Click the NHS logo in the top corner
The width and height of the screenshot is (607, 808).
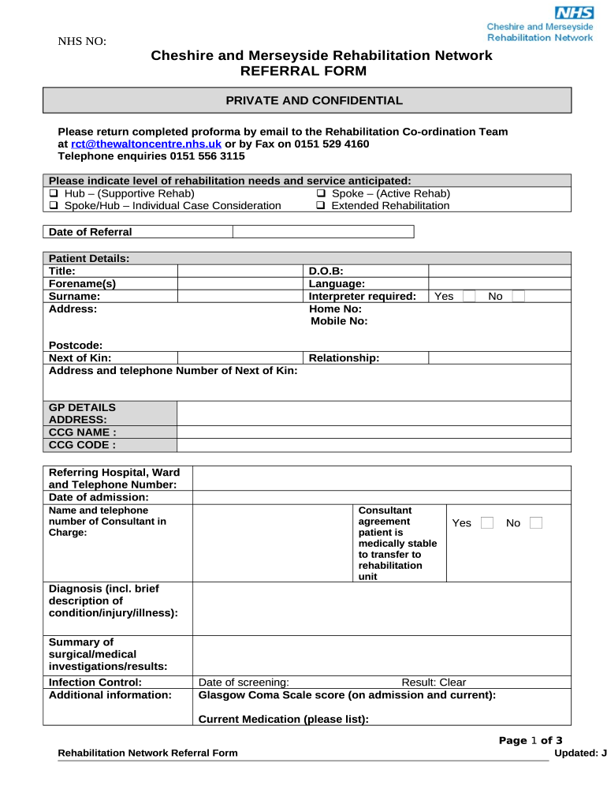click(x=575, y=13)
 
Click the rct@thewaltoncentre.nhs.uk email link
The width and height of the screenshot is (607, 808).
click(x=146, y=144)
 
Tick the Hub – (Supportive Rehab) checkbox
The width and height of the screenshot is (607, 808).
click(x=54, y=193)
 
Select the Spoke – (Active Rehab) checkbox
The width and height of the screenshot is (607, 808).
click(x=321, y=193)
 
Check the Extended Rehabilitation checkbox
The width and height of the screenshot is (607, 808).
click(x=321, y=206)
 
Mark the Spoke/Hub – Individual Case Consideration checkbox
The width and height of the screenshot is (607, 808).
click(x=54, y=206)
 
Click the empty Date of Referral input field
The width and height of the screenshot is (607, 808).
click(x=323, y=231)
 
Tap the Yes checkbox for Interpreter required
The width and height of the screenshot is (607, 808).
click(x=469, y=296)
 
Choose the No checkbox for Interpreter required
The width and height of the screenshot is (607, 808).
click(x=518, y=296)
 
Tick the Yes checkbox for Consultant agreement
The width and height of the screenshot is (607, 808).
click(x=487, y=523)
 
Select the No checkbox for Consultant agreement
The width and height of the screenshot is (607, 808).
click(x=536, y=523)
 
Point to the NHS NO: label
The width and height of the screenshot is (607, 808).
click(x=82, y=42)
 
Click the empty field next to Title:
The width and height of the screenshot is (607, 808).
click(x=240, y=271)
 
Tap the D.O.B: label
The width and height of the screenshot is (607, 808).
click(x=326, y=271)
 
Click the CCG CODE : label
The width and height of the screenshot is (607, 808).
click(x=82, y=445)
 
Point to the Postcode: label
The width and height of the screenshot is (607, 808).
click(x=76, y=345)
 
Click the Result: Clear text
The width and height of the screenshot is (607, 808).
click(x=434, y=682)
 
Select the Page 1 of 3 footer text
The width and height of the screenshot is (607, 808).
click(x=531, y=740)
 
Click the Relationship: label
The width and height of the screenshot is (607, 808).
click(x=344, y=357)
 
